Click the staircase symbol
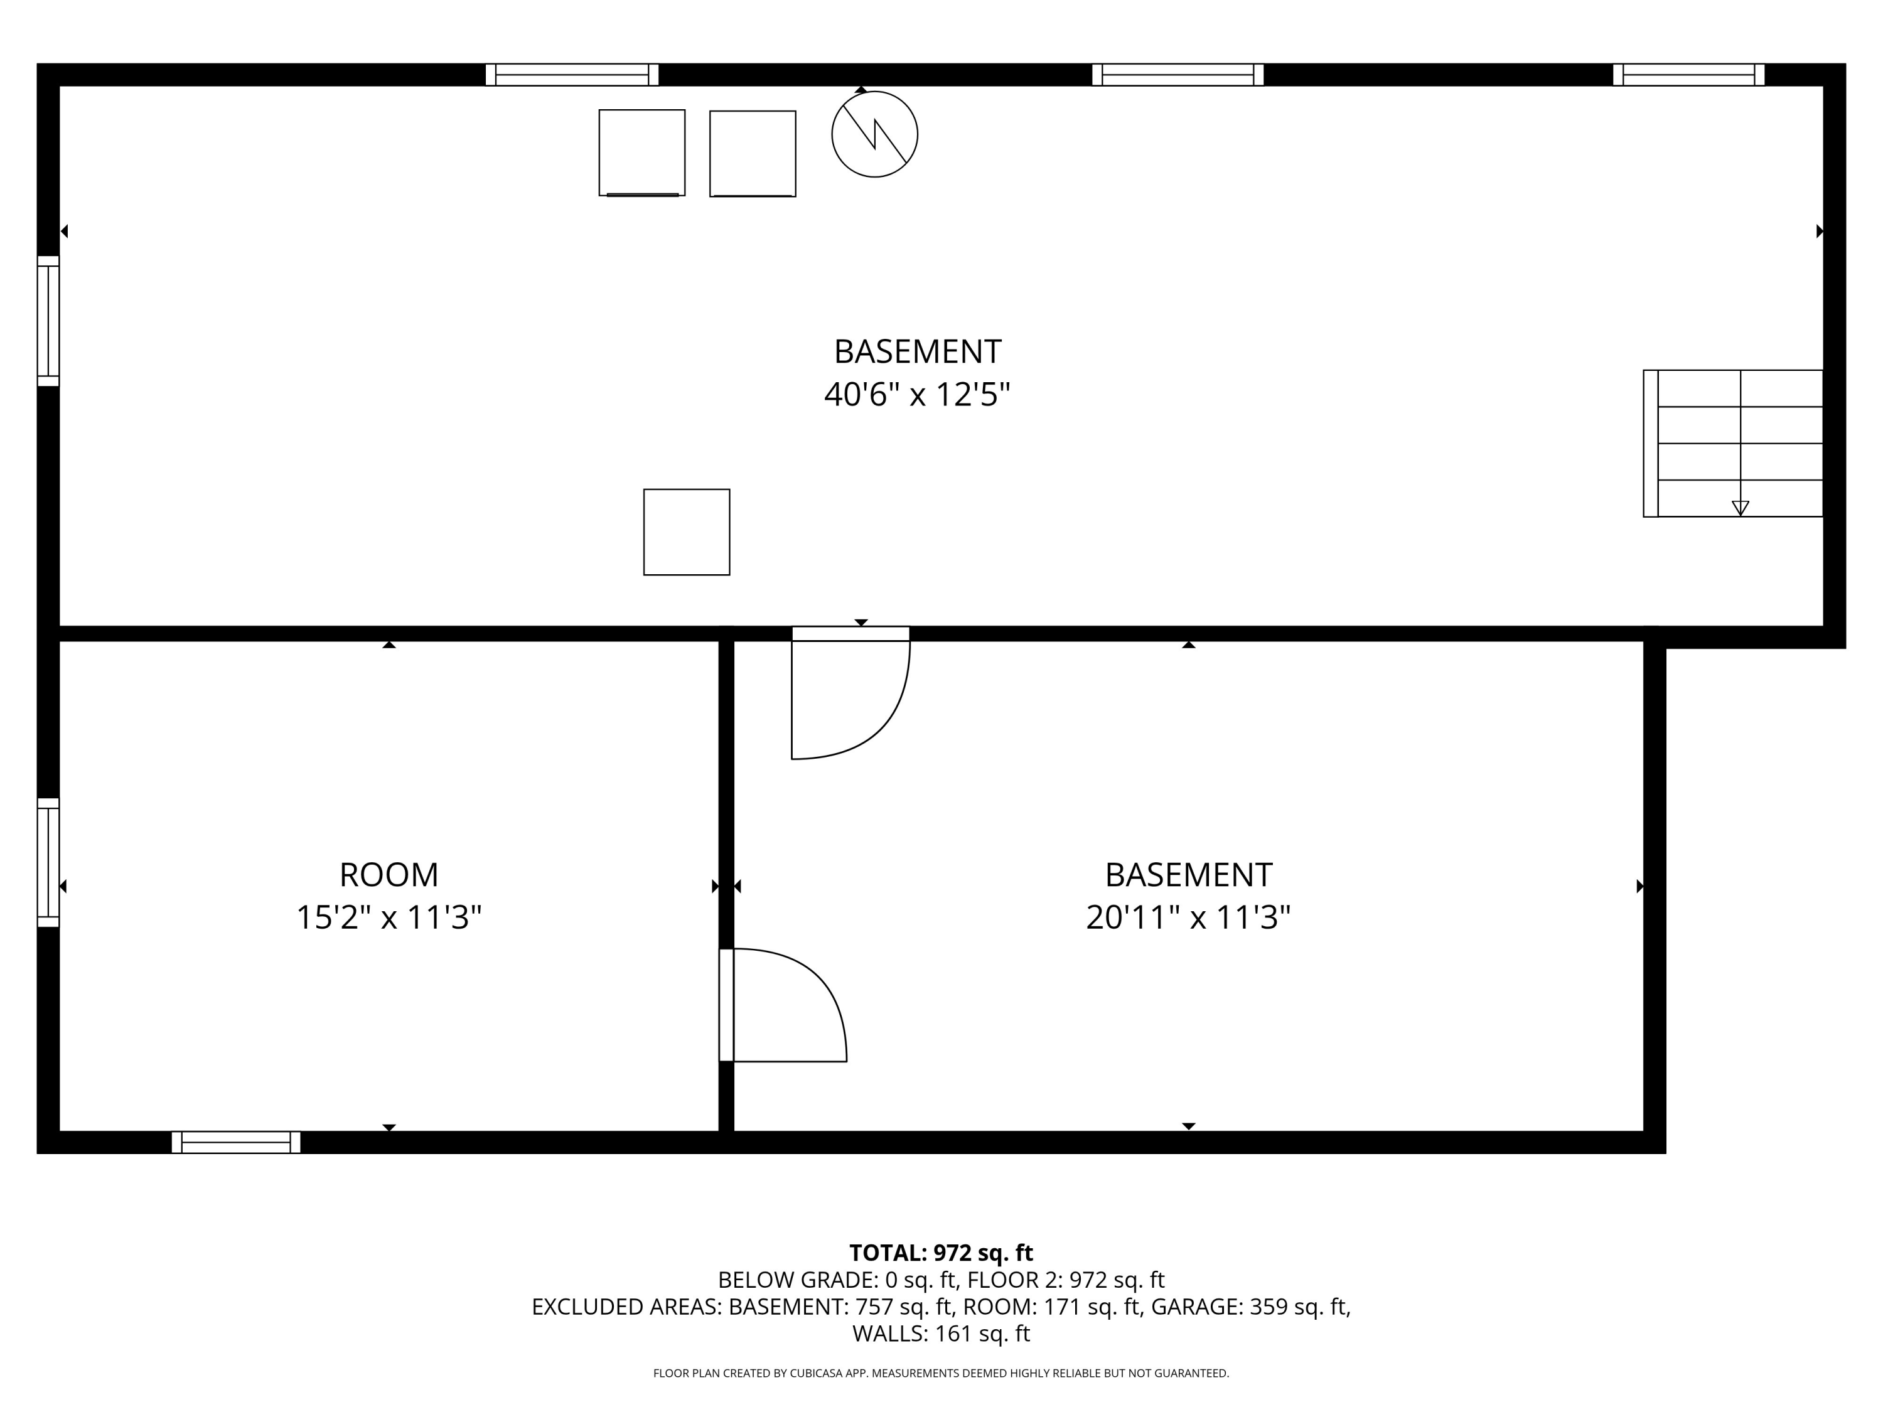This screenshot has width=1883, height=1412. pyautogui.click(x=1732, y=444)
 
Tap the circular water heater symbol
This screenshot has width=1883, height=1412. pyautogui.click(x=874, y=134)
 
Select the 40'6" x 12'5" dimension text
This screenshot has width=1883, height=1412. pyautogui.click(x=917, y=395)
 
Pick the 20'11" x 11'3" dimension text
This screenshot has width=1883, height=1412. pyautogui.click(x=1188, y=917)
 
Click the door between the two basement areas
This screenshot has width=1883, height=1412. pyautogui.click(x=850, y=693)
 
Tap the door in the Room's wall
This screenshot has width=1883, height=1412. pyautogui.click(x=783, y=1005)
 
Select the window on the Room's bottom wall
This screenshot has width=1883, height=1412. pyautogui.click(x=236, y=1142)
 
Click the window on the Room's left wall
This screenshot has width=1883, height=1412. pyautogui.click(x=48, y=862)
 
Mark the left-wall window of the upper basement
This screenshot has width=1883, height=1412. pyautogui.click(x=48, y=321)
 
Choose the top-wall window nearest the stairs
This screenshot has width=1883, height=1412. pyautogui.click(x=1688, y=75)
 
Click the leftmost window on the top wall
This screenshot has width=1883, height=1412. pyautogui.click(x=572, y=75)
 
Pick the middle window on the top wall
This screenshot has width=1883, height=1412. pyautogui.click(x=1178, y=75)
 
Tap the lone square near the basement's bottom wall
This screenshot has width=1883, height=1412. pyautogui.click(x=686, y=532)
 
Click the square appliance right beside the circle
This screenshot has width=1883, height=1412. pyautogui.click(x=753, y=153)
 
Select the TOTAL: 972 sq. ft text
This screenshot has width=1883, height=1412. pyautogui.click(x=941, y=1253)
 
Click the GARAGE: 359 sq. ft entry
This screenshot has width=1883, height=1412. pyautogui.click(x=1250, y=1307)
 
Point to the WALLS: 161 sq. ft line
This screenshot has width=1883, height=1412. pyautogui.click(x=941, y=1334)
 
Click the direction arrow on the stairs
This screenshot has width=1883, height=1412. pyautogui.click(x=1740, y=507)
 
